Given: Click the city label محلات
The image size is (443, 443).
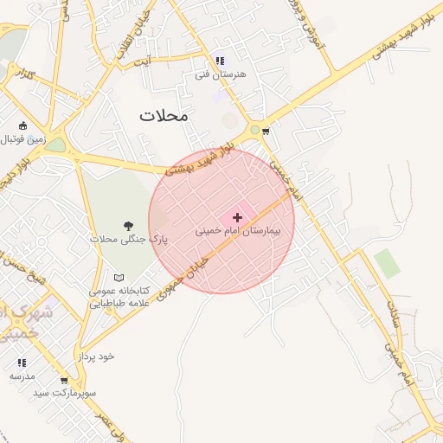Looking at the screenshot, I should point(164,115).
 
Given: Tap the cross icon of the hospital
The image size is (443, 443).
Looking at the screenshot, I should point(238,218).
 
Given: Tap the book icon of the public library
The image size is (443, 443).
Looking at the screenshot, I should point(119,277).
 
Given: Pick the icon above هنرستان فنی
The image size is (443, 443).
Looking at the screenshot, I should point(220,61).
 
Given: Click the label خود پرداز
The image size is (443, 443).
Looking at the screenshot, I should point(95,356).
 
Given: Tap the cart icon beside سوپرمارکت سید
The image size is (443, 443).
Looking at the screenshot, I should point(64,380).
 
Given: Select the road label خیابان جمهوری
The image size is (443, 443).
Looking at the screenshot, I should point(181,277).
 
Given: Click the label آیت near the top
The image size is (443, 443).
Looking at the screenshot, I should point(153,60).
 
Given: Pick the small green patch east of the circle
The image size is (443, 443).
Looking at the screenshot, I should point(388,263).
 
